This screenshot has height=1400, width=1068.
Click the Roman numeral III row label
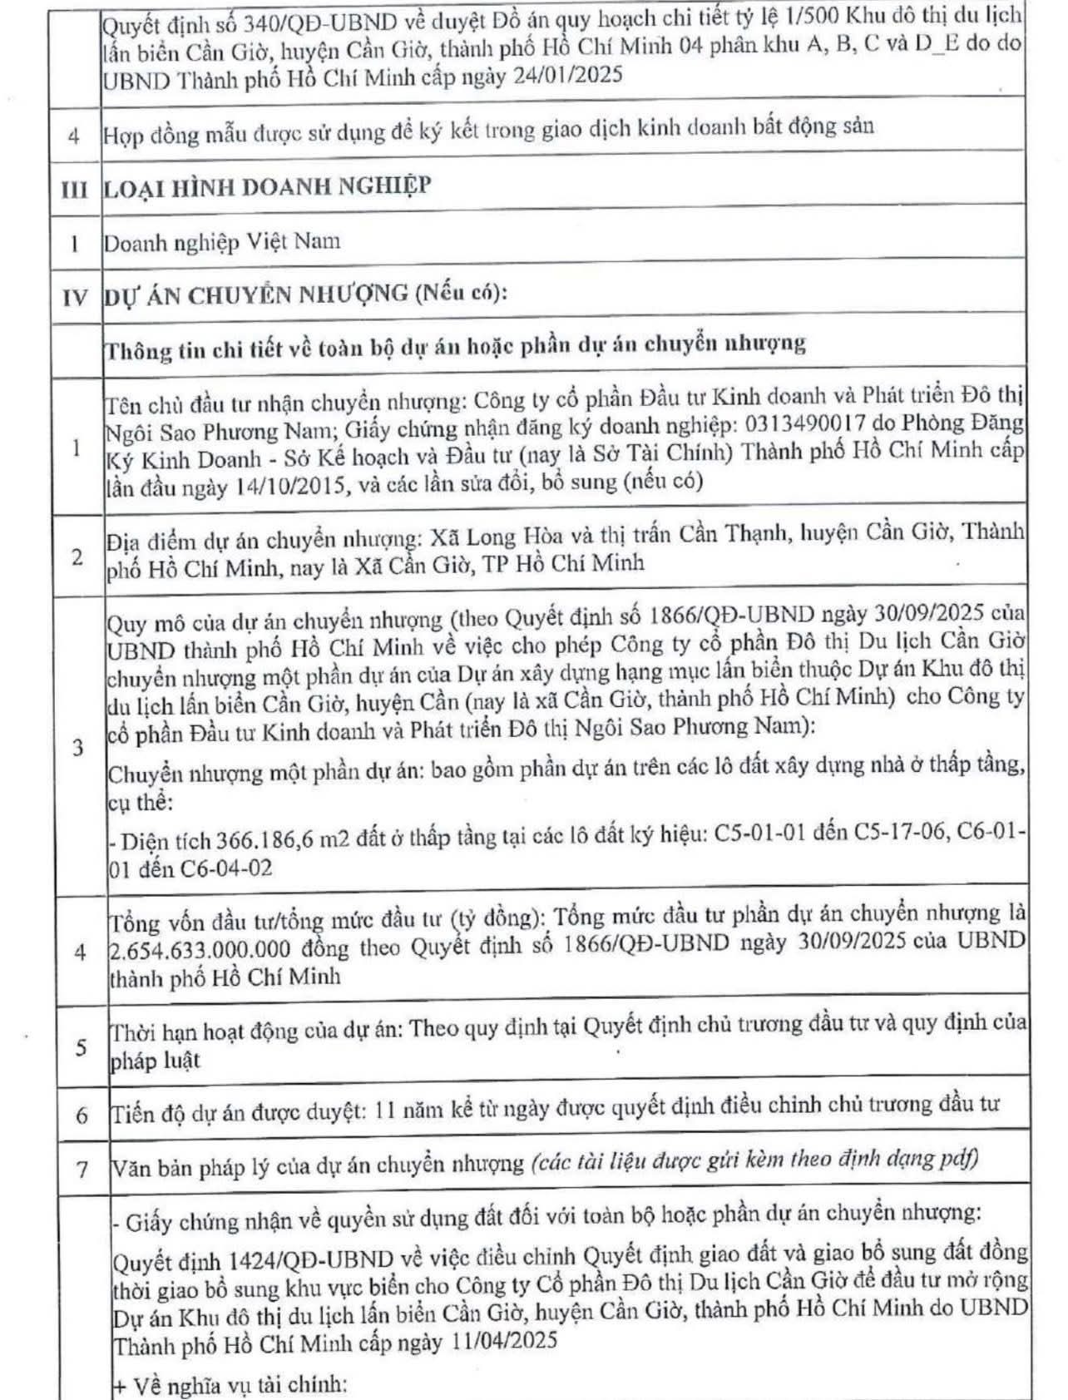tap(74, 188)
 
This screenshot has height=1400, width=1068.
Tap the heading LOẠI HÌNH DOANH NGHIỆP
tap(267, 186)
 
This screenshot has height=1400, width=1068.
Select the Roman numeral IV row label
tap(75, 296)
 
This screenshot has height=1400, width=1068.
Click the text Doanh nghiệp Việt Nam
tap(221, 242)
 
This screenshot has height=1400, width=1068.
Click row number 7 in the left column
tap(82, 1169)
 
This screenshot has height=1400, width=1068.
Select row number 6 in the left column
tap(82, 1115)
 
